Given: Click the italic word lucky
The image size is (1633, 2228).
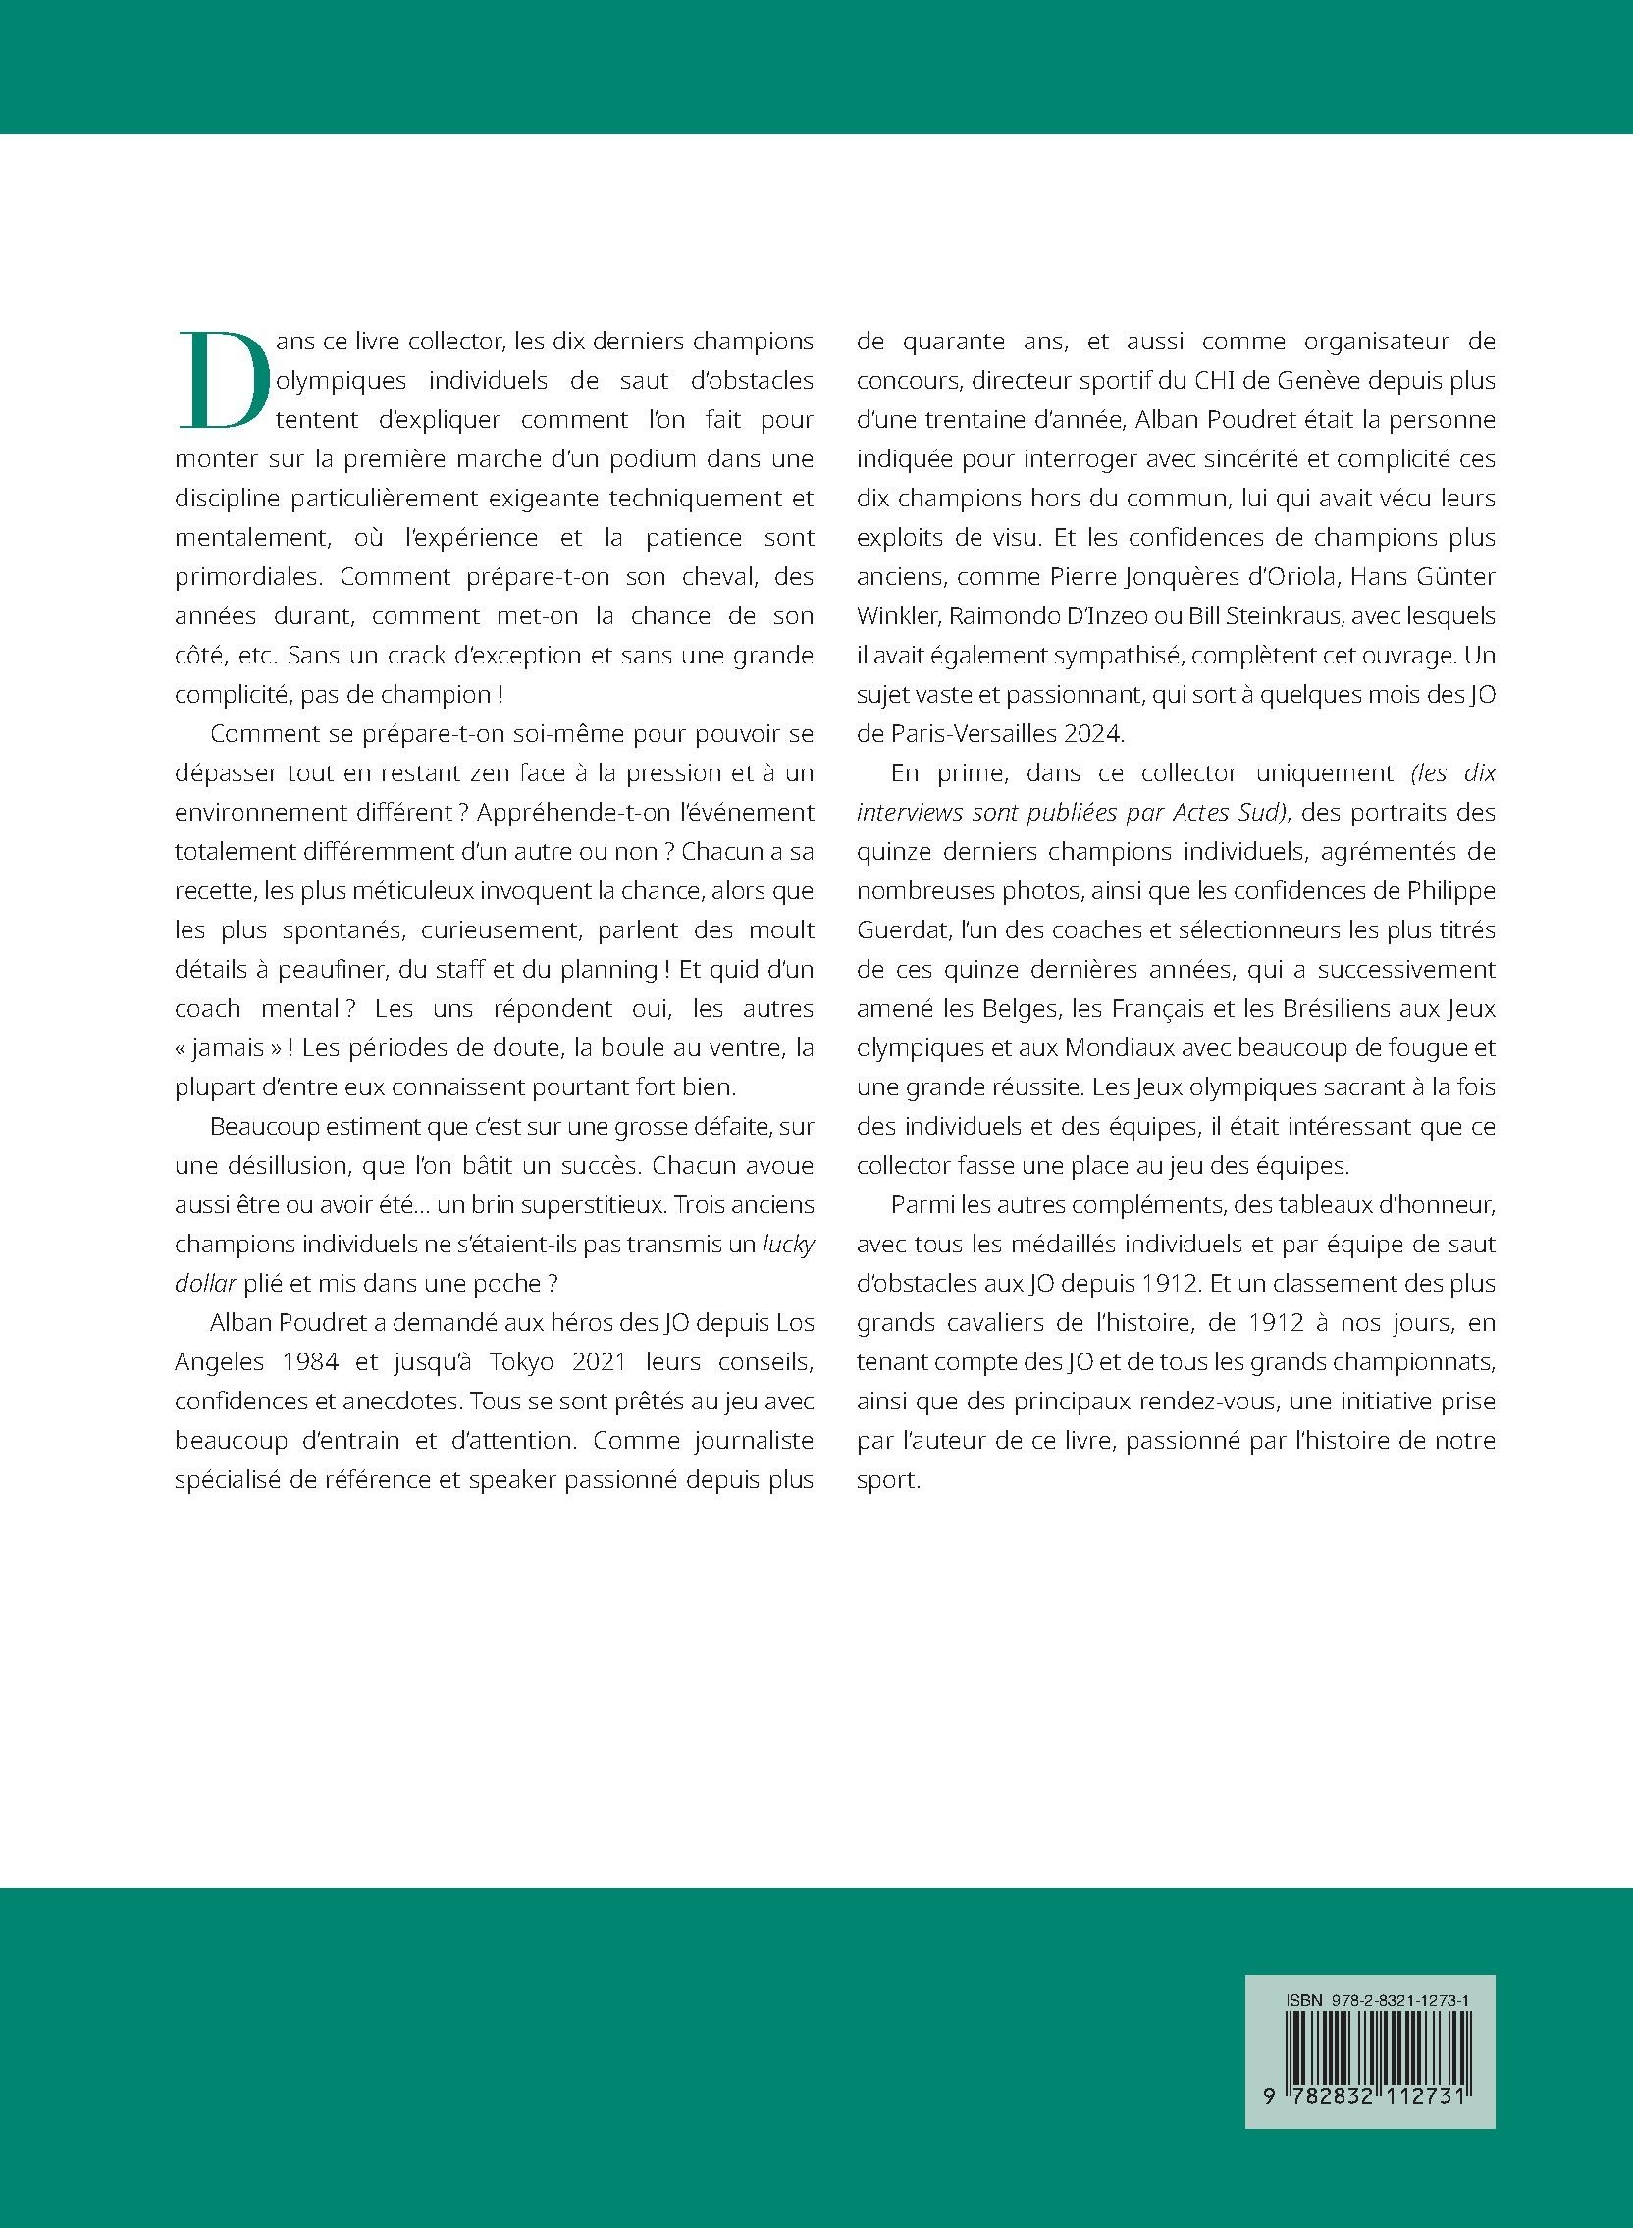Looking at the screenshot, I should coord(789,1244).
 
